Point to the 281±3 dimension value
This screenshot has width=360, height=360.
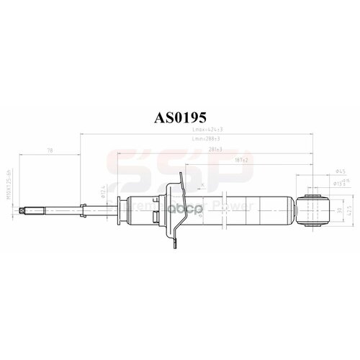pos(213,149)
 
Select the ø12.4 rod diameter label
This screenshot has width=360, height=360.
pos(103,191)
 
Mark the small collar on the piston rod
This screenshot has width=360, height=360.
pos(85,210)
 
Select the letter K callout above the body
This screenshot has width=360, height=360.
pos(204,186)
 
